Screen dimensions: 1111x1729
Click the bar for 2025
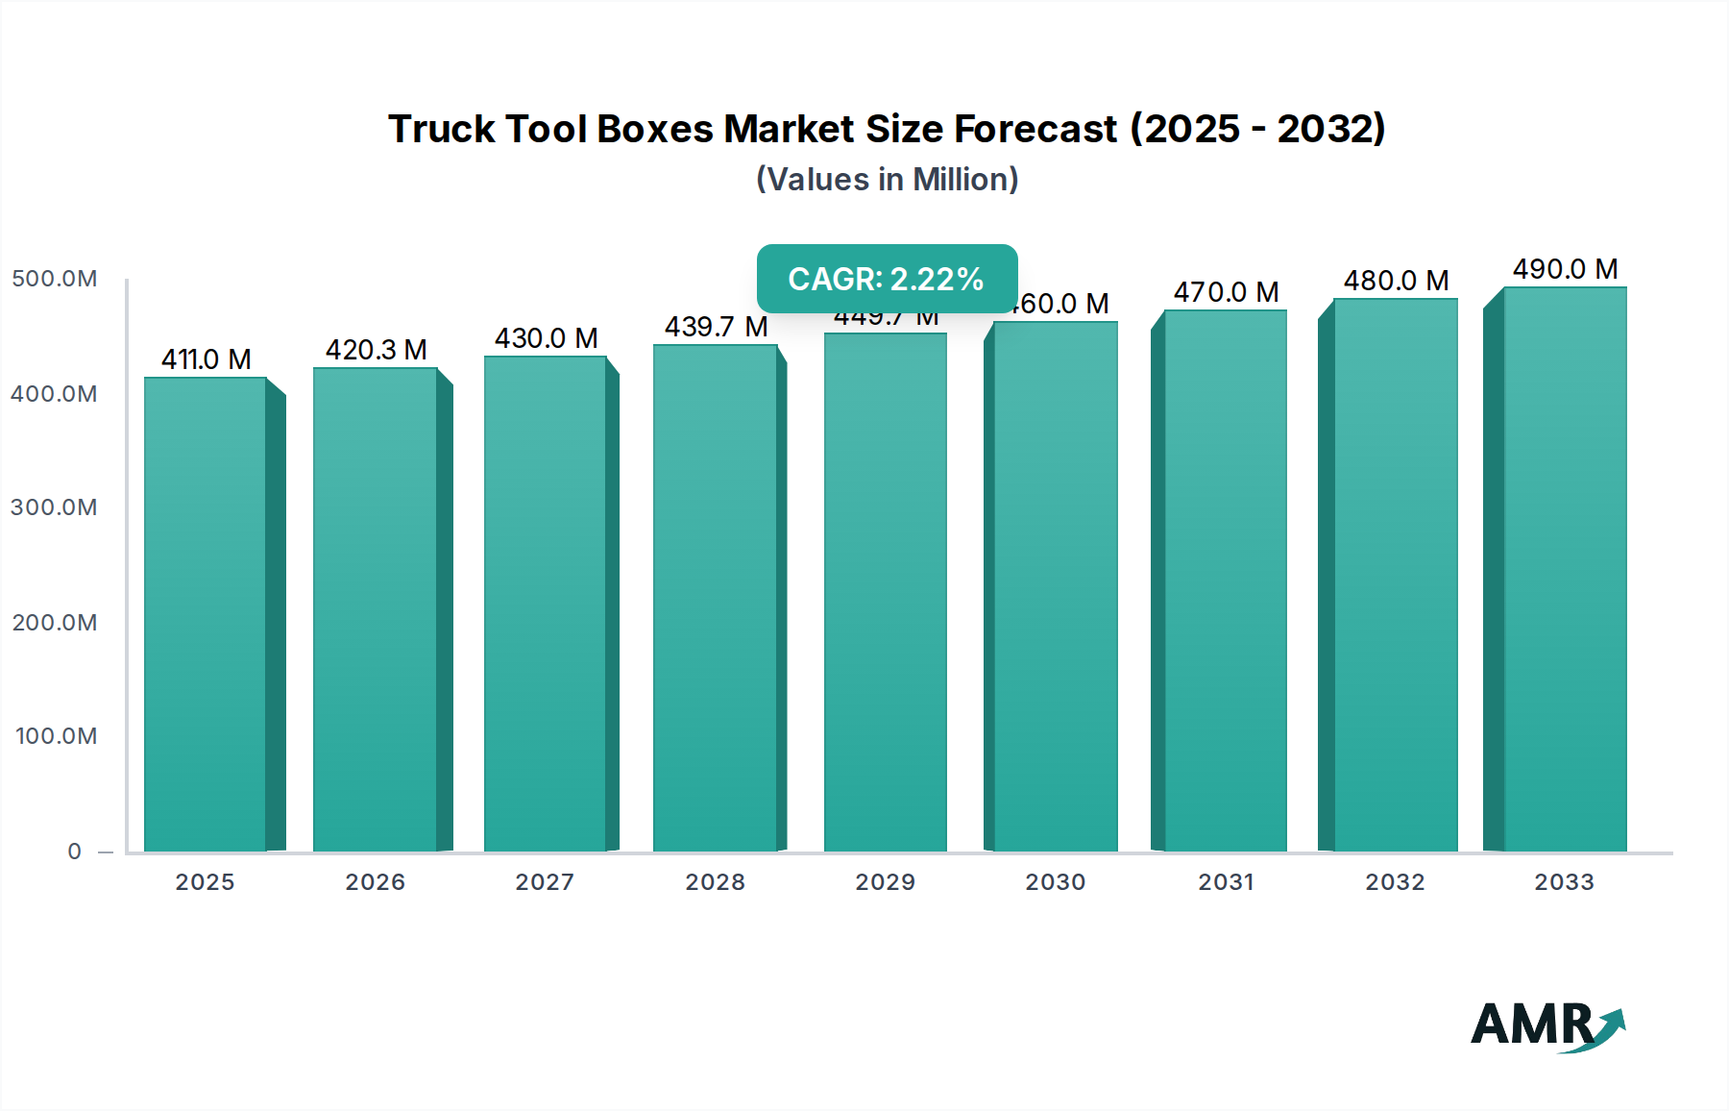[206, 615]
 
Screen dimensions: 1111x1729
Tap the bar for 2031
[1225, 580]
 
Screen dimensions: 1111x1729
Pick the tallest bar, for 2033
[1565, 569]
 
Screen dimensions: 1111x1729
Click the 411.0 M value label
[206, 359]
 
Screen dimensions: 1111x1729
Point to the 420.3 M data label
[376, 350]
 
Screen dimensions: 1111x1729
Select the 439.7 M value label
[716, 327]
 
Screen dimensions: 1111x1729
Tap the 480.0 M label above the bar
[1396, 281]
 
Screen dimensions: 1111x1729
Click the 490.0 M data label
[1565, 269]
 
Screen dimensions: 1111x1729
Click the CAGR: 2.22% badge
[887, 279]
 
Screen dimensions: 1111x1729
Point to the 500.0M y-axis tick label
[55, 279]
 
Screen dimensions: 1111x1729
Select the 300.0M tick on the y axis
[55, 507]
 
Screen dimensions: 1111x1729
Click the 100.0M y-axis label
[57, 736]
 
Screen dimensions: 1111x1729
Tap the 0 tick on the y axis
[75, 852]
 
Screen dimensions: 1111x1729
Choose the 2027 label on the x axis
[545, 882]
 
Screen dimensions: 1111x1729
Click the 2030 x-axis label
[1055, 882]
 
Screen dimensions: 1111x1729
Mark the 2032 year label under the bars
[1395, 882]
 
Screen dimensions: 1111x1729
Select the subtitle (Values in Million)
[887, 180]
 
